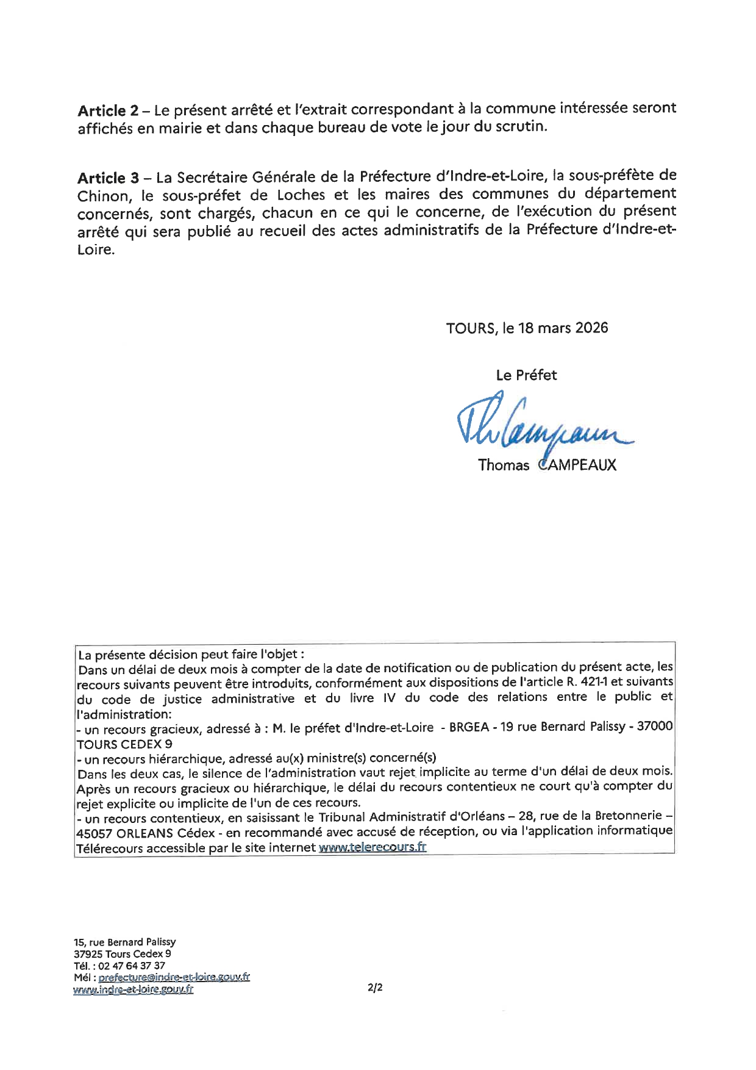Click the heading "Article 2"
109,111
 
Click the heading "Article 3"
109,178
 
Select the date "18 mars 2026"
563,328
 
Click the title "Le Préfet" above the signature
526,375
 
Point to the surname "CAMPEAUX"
577,465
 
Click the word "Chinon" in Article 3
103,196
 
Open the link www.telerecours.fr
372,847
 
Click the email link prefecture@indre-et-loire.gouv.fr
174,977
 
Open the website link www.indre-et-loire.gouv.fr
133,989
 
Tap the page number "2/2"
375,987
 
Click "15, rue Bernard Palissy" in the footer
124,942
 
